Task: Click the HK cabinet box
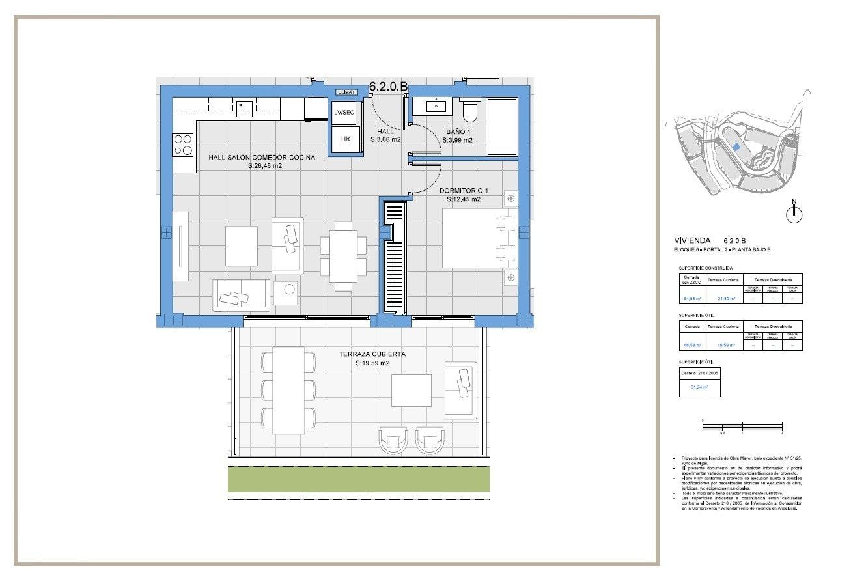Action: click(345, 139)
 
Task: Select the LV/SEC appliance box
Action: click(344, 113)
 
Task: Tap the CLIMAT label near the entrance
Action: click(346, 92)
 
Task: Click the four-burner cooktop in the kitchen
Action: click(183, 145)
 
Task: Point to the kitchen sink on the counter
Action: click(244, 107)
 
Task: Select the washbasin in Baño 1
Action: click(434, 105)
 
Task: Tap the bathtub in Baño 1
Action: click(501, 127)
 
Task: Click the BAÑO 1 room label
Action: click(459, 131)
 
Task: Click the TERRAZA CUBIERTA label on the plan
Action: click(372, 354)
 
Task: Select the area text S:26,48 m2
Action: click(265, 166)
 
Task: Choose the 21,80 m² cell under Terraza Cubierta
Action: click(726, 299)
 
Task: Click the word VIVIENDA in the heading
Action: click(693, 240)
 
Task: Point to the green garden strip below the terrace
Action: click(358, 479)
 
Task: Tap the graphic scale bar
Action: click(742, 426)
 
